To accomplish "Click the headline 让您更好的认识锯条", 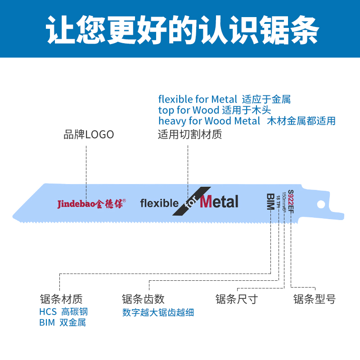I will [180, 29].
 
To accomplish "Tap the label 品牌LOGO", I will [89, 135].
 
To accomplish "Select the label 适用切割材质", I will [189, 135].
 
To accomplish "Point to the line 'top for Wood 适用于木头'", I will [214, 110].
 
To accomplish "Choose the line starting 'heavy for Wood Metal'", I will [247, 121].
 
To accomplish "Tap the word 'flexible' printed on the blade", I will [159, 203].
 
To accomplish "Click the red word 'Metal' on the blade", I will [219, 202].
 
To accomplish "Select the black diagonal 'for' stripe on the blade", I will [191, 202].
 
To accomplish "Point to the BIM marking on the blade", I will [270, 202].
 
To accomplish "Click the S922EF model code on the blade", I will [291, 201].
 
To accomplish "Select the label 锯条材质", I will [61, 299].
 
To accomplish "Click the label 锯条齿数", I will [143, 299].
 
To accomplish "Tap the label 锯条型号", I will [314, 299].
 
